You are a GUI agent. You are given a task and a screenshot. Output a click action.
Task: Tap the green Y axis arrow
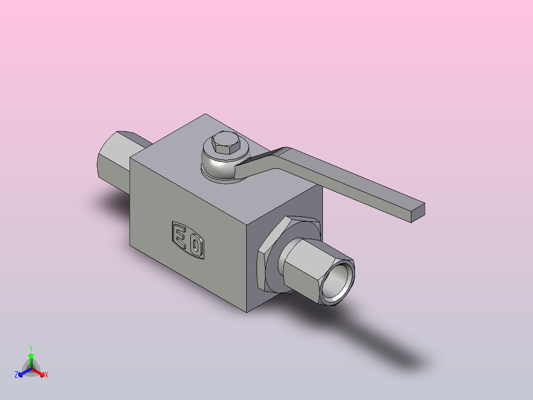tap(31, 360)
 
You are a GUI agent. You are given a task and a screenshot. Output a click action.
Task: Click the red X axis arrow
tap(39, 372)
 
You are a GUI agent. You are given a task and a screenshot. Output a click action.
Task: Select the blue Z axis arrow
tap(25, 372)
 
